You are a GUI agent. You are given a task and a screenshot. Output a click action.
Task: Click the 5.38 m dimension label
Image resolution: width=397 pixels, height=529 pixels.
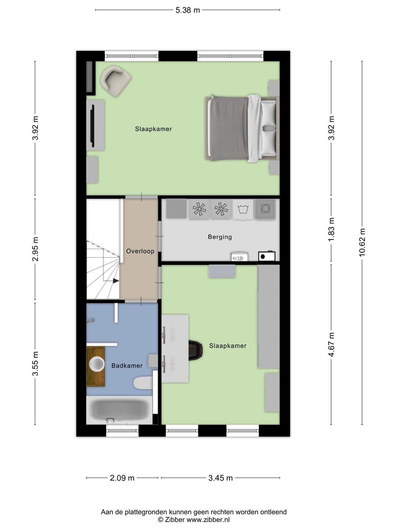(187, 10)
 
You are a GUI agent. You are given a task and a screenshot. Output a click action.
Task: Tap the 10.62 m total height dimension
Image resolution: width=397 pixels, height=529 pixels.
(362, 242)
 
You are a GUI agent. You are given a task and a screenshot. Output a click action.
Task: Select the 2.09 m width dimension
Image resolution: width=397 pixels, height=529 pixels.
(122, 478)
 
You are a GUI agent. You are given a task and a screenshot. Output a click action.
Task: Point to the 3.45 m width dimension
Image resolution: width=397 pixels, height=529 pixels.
(220, 478)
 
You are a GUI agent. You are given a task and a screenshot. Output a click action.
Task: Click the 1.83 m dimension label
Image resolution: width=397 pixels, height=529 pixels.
(331, 230)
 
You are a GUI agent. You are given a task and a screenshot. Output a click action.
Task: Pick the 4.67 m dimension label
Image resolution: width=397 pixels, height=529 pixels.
(331, 344)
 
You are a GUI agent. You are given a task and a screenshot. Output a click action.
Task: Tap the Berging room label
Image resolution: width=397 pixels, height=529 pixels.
(220, 237)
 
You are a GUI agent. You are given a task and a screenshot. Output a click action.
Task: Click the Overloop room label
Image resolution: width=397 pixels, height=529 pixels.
(140, 251)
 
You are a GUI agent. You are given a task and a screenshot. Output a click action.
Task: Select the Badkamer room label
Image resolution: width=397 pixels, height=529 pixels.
(127, 366)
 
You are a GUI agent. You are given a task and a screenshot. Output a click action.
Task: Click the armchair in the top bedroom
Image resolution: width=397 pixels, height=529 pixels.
(116, 81)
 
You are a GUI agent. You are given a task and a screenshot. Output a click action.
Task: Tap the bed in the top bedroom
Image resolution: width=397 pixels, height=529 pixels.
(242, 128)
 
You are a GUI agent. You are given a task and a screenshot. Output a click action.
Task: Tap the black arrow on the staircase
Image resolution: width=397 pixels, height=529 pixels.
(116, 281)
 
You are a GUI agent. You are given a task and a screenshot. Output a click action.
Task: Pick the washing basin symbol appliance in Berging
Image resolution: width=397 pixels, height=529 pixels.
(243, 209)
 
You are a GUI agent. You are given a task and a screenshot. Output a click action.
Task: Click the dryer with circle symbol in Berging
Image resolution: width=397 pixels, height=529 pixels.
(265, 209)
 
